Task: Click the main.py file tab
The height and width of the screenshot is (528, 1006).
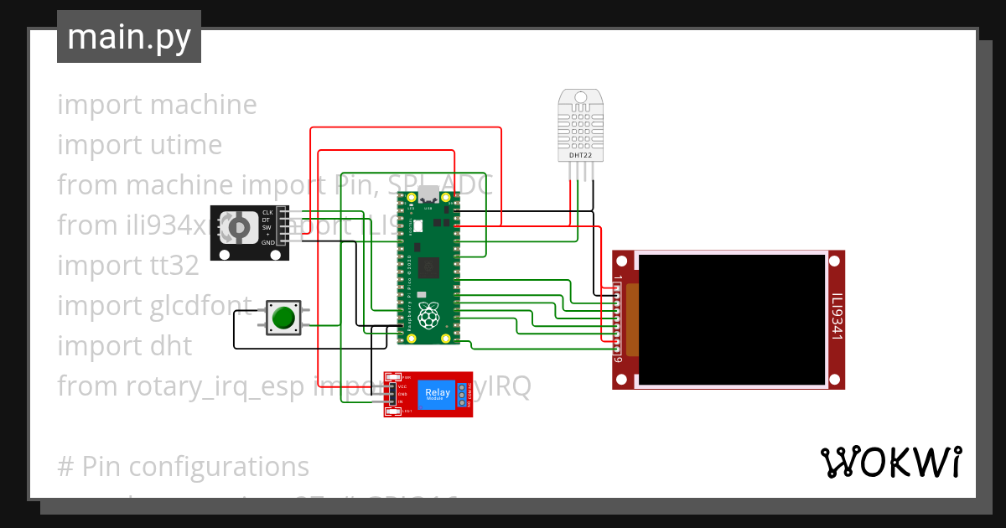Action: pos(128,37)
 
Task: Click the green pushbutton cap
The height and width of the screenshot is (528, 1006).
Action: pos(283,318)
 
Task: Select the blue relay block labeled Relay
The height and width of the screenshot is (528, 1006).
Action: pos(438,394)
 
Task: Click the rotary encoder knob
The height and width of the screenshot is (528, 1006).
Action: pos(238,228)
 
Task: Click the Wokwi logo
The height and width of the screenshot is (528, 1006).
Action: pos(890,462)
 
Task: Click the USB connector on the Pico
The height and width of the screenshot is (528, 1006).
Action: pos(429,194)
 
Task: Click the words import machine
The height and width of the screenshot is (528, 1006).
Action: pos(157,105)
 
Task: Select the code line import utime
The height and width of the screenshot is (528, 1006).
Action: pos(139,145)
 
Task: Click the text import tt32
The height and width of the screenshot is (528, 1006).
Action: pos(127,266)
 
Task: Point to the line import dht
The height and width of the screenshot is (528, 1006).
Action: pos(124,346)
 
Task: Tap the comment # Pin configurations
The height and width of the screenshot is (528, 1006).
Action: pos(183,467)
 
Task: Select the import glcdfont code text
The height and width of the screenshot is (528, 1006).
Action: pos(154,306)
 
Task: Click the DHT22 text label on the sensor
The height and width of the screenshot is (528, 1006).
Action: pos(580,155)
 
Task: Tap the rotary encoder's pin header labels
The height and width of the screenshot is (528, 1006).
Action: pos(268,227)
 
